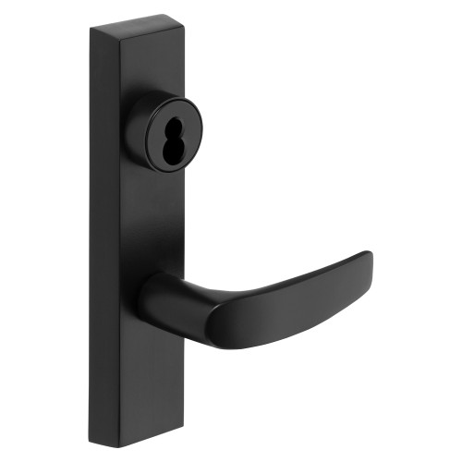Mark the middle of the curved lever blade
coord(277,305)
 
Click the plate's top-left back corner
coord(92,30)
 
